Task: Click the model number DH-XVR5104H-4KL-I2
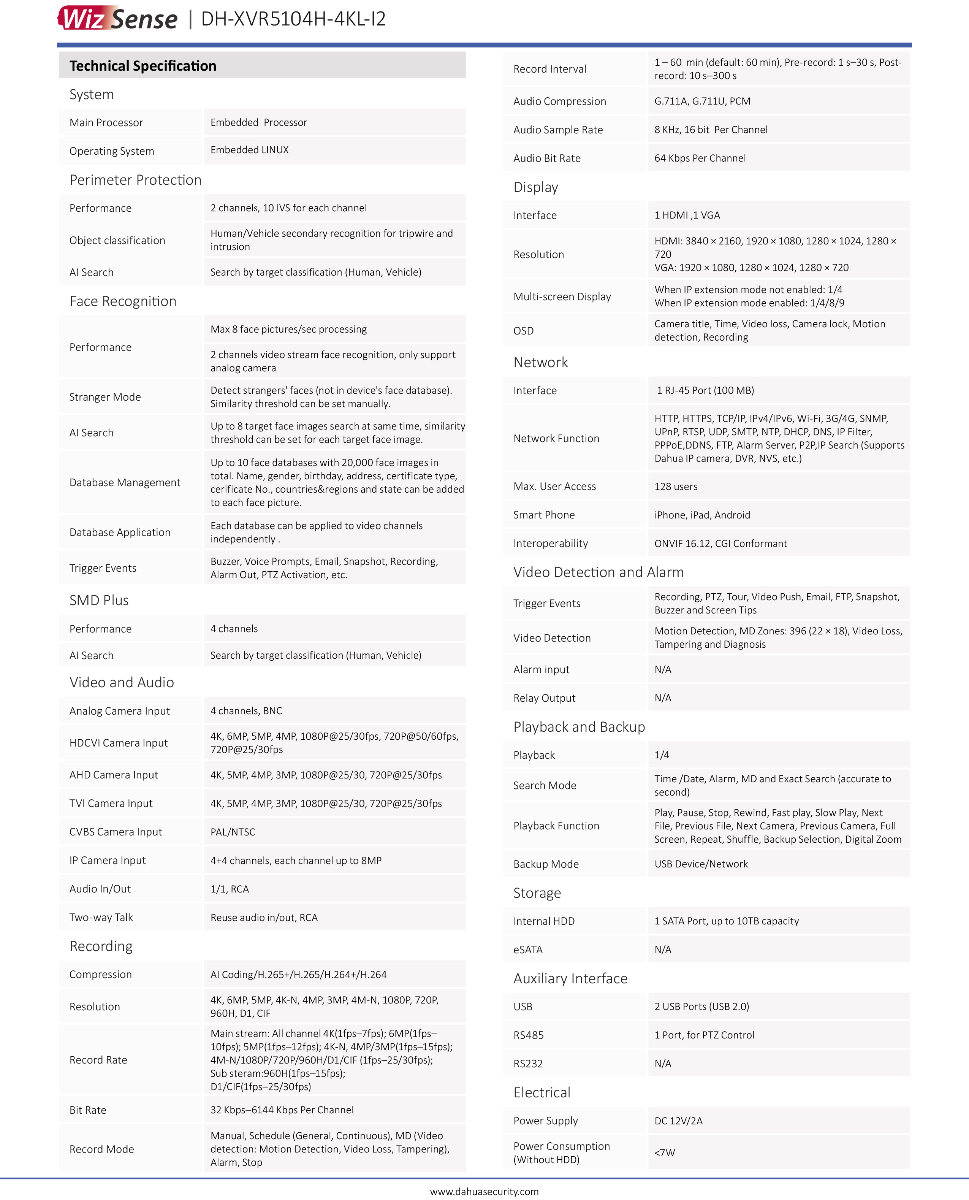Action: [x=293, y=19]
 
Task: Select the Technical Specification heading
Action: [x=143, y=66]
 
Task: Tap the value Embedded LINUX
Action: [x=250, y=150]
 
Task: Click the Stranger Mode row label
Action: [x=105, y=397]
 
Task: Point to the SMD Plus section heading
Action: [x=99, y=600]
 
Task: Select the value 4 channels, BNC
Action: [x=246, y=711]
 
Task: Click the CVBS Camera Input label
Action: [x=116, y=832]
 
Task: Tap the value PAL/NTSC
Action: [x=233, y=832]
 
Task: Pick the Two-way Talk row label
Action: [x=101, y=918]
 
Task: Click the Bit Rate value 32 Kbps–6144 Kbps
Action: [x=282, y=1110]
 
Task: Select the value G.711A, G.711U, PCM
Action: [x=702, y=101]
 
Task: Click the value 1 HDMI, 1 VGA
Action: [x=687, y=215]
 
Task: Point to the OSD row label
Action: [x=524, y=331]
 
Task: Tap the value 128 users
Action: [x=676, y=487]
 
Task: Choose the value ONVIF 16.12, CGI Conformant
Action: [x=720, y=543]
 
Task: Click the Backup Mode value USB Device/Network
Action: [x=701, y=864]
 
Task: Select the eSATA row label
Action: [x=528, y=949]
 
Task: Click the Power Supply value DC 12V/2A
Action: [x=678, y=1121]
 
